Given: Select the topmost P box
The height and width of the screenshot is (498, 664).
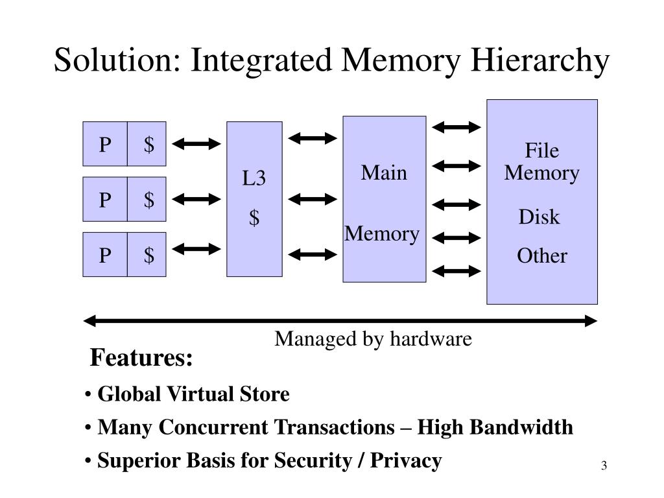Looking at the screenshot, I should [x=105, y=144].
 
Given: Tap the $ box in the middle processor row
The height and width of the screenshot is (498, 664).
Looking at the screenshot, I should [x=148, y=200].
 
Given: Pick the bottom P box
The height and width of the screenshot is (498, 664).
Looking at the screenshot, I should [x=105, y=255].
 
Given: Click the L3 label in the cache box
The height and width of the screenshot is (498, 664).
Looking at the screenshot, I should [x=254, y=178].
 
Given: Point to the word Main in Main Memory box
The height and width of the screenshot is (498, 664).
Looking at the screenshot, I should [x=384, y=173].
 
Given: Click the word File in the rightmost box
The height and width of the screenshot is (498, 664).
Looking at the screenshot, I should [x=541, y=151].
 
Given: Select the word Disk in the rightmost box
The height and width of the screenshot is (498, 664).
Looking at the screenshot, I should [x=539, y=217].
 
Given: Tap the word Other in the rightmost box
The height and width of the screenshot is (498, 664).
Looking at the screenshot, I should [x=541, y=255].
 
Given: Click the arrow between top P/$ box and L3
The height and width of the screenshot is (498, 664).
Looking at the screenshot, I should [x=197, y=144].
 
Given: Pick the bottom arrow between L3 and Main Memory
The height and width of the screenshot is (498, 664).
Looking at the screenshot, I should [x=313, y=254].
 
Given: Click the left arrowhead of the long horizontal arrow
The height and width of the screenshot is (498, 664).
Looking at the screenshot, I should [x=91, y=320].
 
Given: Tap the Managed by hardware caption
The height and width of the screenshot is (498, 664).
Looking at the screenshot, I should [x=373, y=338].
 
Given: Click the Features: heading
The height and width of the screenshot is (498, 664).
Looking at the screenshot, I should [x=141, y=358].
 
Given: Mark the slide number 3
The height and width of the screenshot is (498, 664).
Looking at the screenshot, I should [x=604, y=466].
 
